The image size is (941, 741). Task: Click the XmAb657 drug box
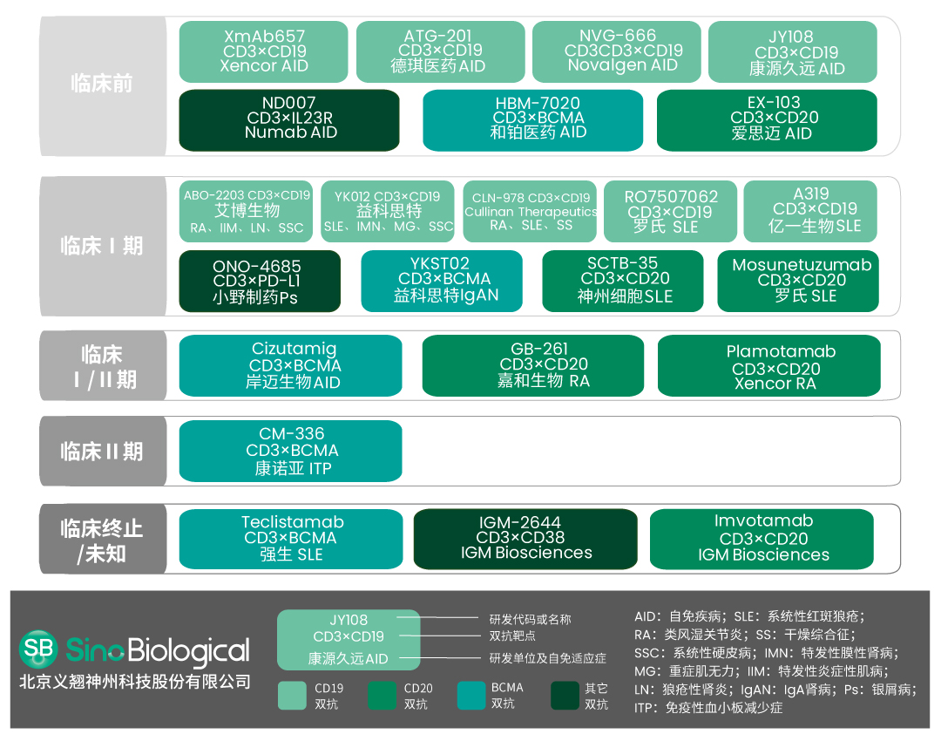point(264,51)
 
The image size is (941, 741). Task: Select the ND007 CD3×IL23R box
point(289,119)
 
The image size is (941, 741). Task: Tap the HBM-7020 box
point(532,119)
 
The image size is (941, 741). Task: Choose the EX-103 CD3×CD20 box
point(767,119)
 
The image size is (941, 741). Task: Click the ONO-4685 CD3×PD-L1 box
point(260,281)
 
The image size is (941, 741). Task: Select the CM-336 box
point(291,451)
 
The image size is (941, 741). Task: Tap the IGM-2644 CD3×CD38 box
point(525,538)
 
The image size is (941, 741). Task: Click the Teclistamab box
point(291,538)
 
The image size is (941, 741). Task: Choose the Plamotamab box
point(768,367)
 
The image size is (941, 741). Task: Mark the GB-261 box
point(532,367)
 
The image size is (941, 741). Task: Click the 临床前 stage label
point(103,85)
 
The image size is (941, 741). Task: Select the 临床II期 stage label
point(103,452)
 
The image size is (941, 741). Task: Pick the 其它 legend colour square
point(565,695)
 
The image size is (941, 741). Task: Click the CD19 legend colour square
point(292,695)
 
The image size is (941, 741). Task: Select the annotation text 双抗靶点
point(511,637)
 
